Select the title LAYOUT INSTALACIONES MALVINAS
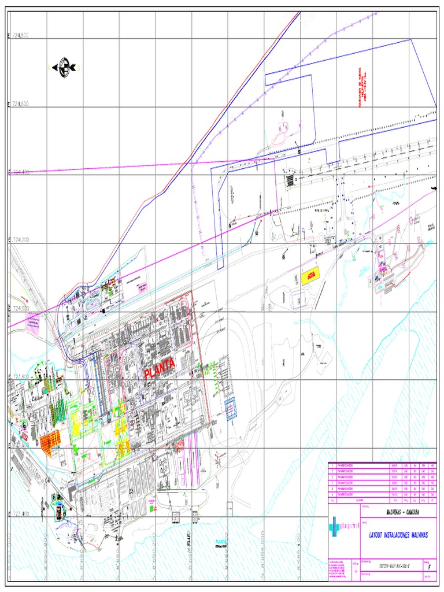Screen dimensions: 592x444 [398, 535]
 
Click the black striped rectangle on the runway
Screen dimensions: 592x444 [289, 180]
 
